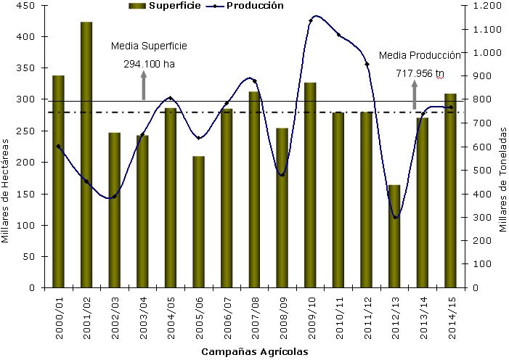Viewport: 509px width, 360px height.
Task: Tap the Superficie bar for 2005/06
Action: pyautogui.click(x=198, y=221)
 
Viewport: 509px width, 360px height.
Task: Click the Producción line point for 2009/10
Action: pyautogui.click(x=311, y=20)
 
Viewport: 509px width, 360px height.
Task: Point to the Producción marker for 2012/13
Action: pyautogui.click(x=395, y=217)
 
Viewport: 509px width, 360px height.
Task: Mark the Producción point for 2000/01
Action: pyautogui.click(x=58, y=147)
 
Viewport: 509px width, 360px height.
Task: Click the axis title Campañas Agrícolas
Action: pyautogui.click(x=255, y=351)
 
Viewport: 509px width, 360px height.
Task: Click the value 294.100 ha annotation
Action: pyautogui.click(x=150, y=63)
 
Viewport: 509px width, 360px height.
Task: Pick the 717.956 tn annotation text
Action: pyautogui.click(x=420, y=73)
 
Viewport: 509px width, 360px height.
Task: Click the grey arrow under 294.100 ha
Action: pyautogui.click(x=144, y=88)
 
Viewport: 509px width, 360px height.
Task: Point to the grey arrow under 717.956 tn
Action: pyautogui.click(x=415, y=95)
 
